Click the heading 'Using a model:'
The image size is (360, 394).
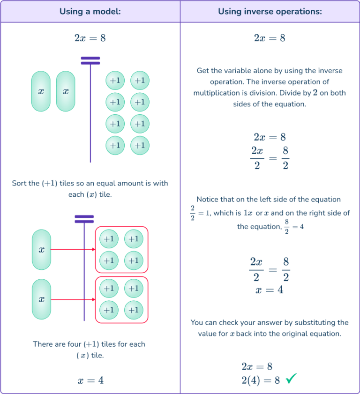click(x=90, y=12)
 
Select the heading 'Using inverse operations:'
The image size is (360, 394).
click(x=270, y=12)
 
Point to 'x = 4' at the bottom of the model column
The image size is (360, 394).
click(x=90, y=380)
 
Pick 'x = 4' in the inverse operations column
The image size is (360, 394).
click(x=270, y=290)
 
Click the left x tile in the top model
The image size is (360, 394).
click(x=41, y=91)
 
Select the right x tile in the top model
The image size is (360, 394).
click(x=66, y=91)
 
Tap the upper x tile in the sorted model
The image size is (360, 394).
click(x=41, y=250)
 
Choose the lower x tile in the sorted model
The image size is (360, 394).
click(x=41, y=299)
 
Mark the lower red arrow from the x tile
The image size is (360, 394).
click(x=73, y=299)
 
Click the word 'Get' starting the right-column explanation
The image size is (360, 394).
click(x=203, y=71)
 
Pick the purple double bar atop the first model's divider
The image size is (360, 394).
click(x=90, y=60)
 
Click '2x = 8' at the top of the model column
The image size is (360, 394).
click(x=90, y=38)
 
